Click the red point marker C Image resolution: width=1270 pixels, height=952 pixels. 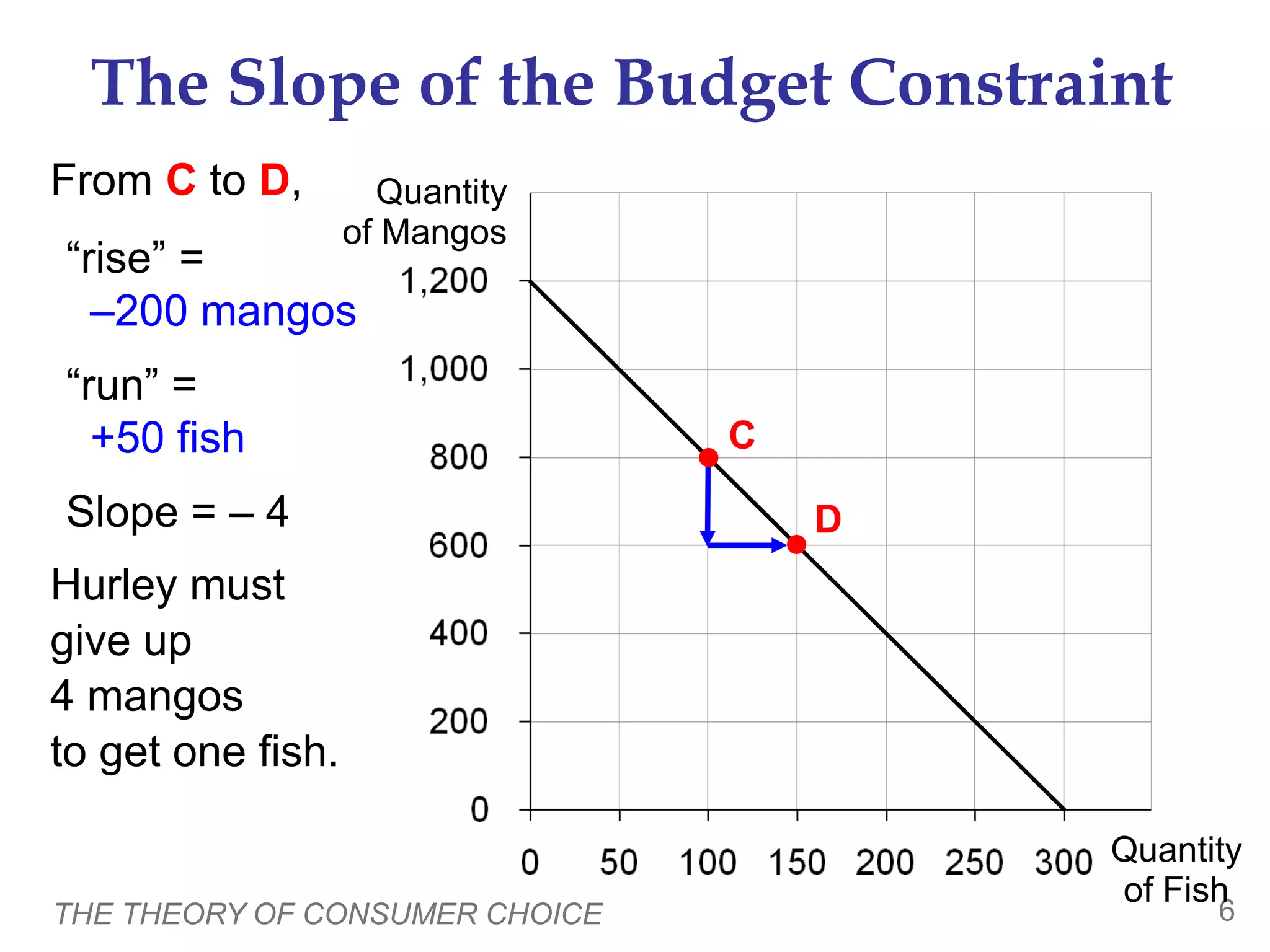tap(708, 457)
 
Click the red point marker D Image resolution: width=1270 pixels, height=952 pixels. tap(796, 545)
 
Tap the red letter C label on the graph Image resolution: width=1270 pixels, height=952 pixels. tap(742, 435)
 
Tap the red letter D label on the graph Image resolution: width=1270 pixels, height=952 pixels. tap(828, 519)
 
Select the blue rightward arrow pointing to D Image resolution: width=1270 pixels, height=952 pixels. tap(747, 545)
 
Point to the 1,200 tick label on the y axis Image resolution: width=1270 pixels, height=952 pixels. tap(444, 281)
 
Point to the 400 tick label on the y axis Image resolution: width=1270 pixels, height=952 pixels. tap(458, 633)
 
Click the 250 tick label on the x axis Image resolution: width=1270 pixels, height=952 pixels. tap(974, 862)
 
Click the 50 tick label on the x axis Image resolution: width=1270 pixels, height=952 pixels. tap(619, 862)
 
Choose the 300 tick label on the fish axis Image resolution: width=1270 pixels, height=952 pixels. tap(1063, 862)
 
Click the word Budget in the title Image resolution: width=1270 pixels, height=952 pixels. tap(723, 84)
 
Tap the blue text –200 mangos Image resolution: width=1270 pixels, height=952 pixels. tap(223, 311)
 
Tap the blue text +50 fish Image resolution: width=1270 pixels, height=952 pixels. tap(167, 438)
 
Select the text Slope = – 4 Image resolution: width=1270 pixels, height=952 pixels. tap(177, 512)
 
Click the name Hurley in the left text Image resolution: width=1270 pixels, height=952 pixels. tap(114, 585)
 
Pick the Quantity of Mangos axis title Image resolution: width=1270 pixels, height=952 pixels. tap(428, 212)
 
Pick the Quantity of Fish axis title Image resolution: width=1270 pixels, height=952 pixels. tap(1175, 870)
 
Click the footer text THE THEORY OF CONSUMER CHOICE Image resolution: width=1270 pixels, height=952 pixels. tap(329, 914)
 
